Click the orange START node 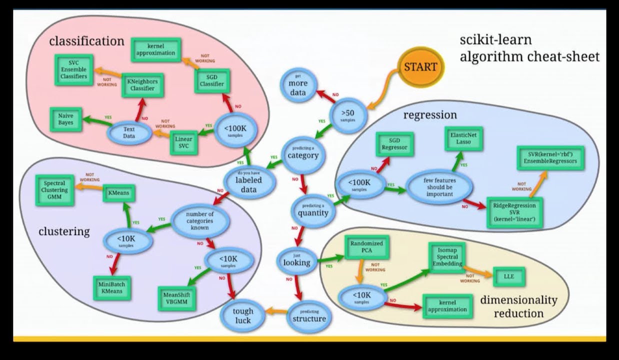(x=420, y=66)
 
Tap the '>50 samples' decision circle (x=349, y=115)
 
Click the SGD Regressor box (x=394, y=144)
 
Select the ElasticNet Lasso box (x=464, y=138)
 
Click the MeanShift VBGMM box (x=176, y=297)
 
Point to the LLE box (x=508, y=276)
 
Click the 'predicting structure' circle (x=308, y=315)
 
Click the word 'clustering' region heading (x=64, y=231)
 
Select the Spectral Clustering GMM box (x=54, y=190)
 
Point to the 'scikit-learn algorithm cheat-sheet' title (x=529, y=48)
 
